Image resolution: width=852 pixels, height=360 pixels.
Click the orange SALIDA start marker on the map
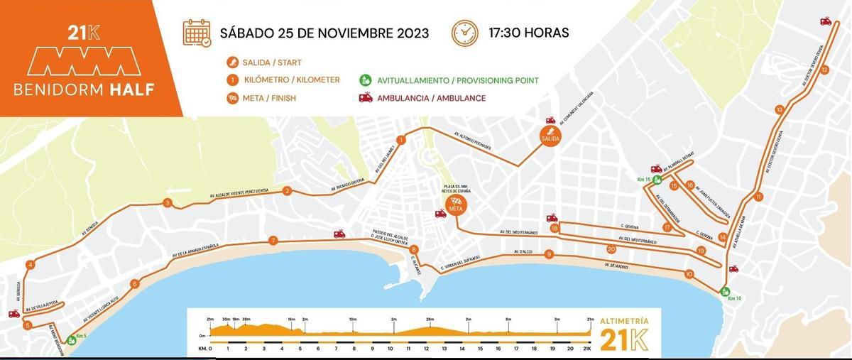click(x=550, y=134)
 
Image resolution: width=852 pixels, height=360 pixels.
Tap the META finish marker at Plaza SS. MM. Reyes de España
click(x=455, y=205)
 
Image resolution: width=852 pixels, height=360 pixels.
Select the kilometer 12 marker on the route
click(x=824, y=70)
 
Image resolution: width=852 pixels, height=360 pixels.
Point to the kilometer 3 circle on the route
click(x=167, y=203)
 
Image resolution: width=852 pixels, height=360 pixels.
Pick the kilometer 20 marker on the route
click(x=611, y=249)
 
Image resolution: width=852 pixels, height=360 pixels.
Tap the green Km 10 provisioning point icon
click(x=725, y=291)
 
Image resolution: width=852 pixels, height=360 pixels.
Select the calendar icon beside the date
click(x=196, y=33)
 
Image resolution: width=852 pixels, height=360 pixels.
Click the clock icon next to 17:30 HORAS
click(x=465, y=33)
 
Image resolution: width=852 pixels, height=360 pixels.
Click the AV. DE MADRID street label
click(x=617, y=267)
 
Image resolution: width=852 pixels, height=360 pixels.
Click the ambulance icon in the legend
click(x=366, y=98)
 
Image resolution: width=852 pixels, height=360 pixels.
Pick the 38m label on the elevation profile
click(x=246, y=320)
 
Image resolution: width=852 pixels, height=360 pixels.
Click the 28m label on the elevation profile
click(x=430, y=320)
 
